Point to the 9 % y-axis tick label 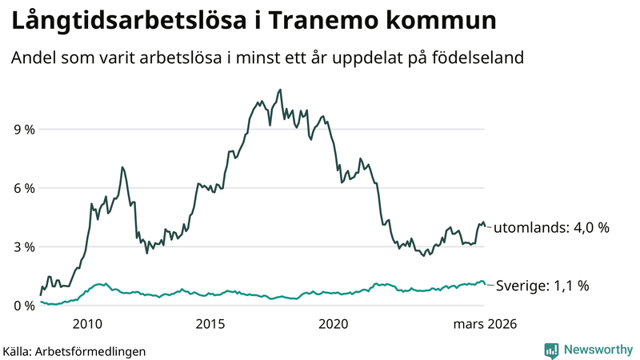click(x=24, y=130)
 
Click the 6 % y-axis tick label click(x=24, y=188)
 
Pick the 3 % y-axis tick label click(x=24, y=247)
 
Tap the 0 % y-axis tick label click(x=24, y=306)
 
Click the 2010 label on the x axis click(x=87, y=324)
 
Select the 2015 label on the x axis click(x=210, y=324)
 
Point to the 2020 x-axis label click(x=333, y=324)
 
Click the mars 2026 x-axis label click(x=485, y=324)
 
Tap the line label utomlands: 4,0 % click(x=551, y=228)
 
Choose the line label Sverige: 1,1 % click(x=543, y=285)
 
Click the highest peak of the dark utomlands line click(x=279, y=90)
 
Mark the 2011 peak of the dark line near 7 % click(x=122, y=167)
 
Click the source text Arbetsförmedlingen click(x=90, y=350)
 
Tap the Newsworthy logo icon click(x=551, y=350)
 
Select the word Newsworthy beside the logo click(x=598, y=350)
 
